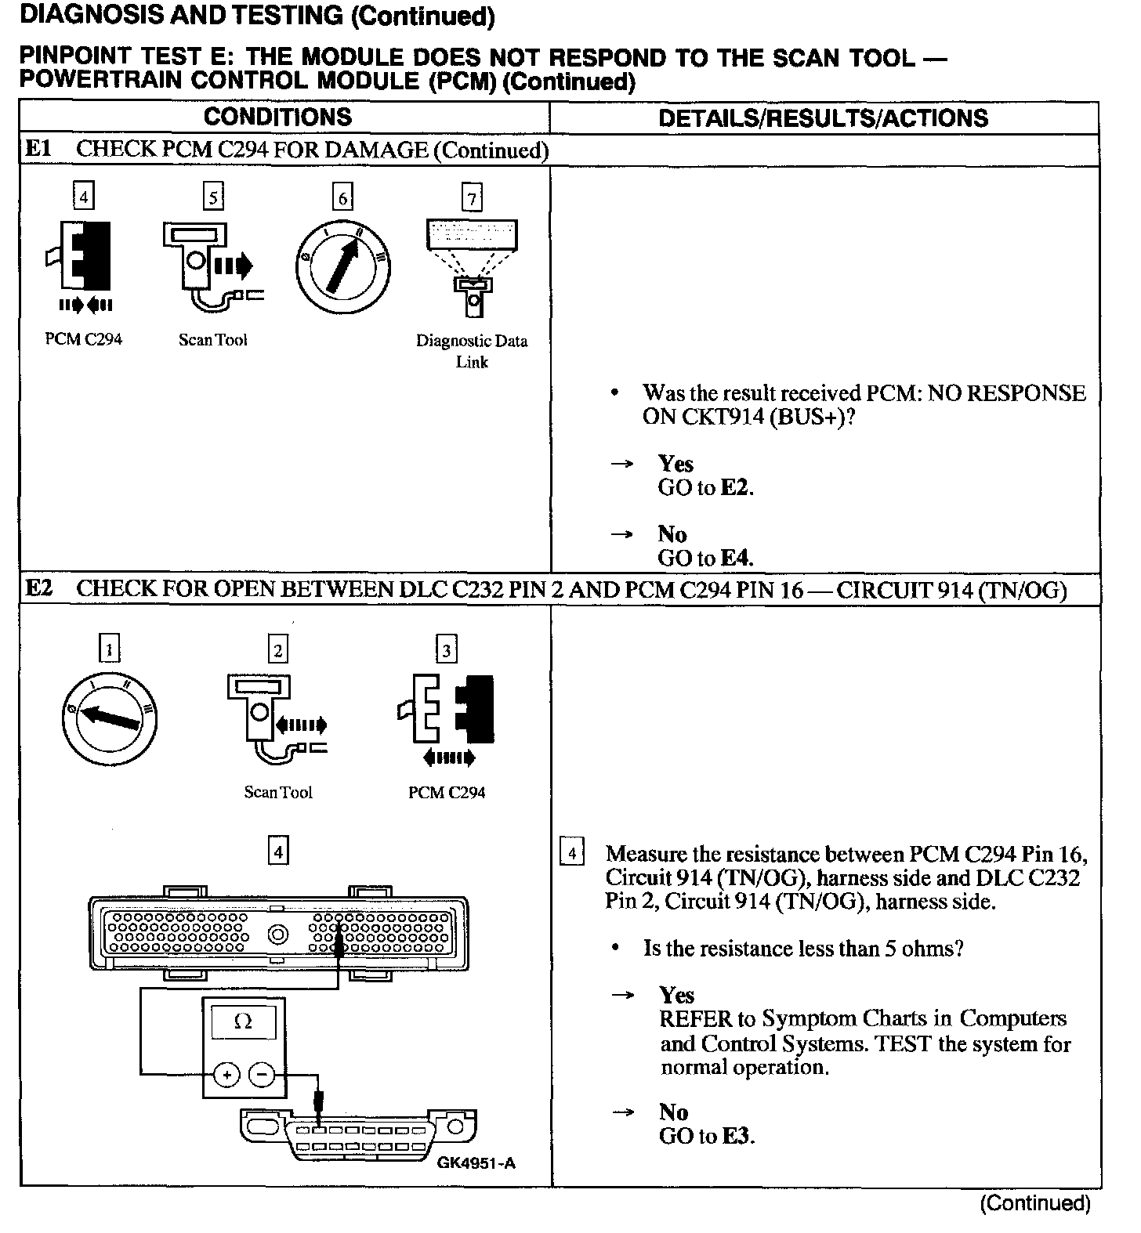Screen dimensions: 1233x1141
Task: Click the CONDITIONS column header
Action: tap(277, 118)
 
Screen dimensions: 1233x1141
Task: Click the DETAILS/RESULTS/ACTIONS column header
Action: tap(823, 118)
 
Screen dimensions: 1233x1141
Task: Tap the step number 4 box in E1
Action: tap(83, 196)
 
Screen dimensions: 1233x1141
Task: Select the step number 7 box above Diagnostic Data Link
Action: tap(472, 198)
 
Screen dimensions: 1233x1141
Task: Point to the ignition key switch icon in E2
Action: tap(110, 718)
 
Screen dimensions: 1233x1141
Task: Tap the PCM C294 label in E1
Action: tap(84, 339)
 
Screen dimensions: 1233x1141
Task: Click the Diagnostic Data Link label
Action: tap(472, 351)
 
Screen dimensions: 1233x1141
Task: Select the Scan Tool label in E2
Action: tap(278, 792)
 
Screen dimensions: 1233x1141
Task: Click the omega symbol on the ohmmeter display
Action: tap(243, 1022)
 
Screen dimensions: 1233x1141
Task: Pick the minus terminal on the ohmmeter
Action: tap(262, 1075)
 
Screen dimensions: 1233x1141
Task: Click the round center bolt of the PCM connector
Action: tap(278, 935)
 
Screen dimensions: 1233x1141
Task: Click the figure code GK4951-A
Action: tap(476, 1162)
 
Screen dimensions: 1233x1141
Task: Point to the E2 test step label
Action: tap(38, 588)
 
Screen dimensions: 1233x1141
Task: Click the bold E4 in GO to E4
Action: tap(736, 559)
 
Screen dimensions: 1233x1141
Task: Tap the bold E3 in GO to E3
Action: tap(737, 1136)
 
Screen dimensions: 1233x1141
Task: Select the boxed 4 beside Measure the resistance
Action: tap(573, 852)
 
